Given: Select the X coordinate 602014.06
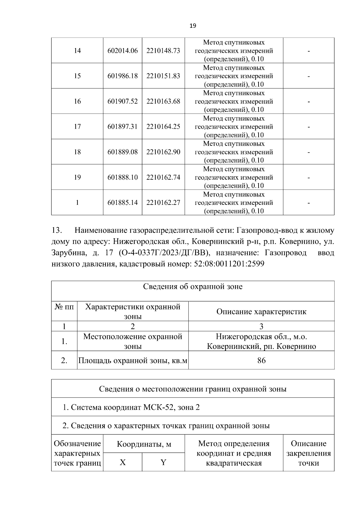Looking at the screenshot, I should (x=122, y=51).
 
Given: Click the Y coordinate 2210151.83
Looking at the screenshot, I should (x=163, y=76).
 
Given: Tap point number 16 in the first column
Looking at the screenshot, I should (x=77, y=101).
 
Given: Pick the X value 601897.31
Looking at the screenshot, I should (x=122, y=127).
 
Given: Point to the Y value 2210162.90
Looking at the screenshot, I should (x=163, y=152).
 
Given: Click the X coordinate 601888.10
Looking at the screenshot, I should (x=122, y=177).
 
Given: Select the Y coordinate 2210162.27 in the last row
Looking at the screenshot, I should (x=163, y=202).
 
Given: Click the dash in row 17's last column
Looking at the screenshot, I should (x=308, y=127).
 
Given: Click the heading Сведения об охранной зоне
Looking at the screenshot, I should (x=193, y=287).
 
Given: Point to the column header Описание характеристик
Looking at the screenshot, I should (x=261, y=312).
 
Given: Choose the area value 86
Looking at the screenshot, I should (x=261, y=360).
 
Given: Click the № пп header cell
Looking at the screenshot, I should (x=64, y=307).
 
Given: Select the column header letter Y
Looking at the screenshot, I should (x=163, y=462).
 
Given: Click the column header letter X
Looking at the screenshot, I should (x=122, y=462).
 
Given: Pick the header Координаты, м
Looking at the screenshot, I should (x=144, y=444).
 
